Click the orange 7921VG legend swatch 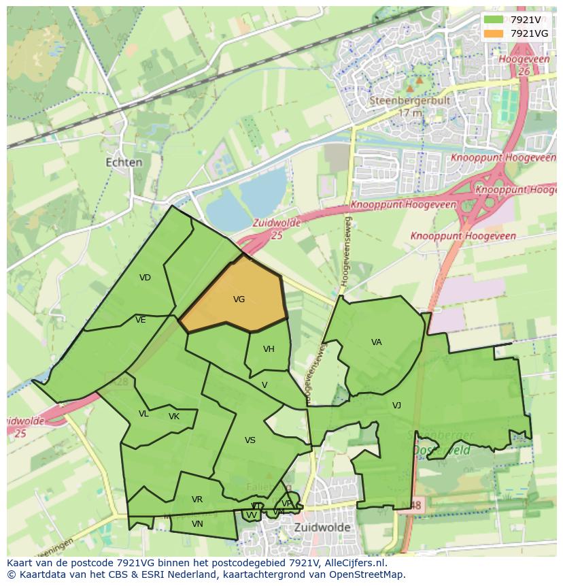[494, 33]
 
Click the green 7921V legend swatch [494, 20]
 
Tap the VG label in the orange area [239, 299]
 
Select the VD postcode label [145, 278]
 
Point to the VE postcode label [141, 320]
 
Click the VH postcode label [269, 349]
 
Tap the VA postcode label [376, 342]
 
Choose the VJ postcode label [396, 406]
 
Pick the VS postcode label [250, 440]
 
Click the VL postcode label [143, 414]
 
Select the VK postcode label [174, 417]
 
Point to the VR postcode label [197, 500]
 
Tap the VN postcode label [197, 524]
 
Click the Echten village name [124, 163]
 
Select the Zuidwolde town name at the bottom [322, 527]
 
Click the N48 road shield [414, 506]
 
